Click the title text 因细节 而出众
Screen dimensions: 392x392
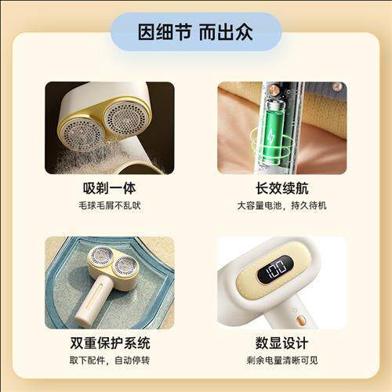pyautogui.click(x=196, y=32)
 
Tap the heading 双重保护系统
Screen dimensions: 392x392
pyautogui.click(x=110, y=343)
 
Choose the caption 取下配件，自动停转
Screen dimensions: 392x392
pyautogui.click(x=110, y=361)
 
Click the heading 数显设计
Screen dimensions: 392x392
pyautogui.click(x=282, y=343)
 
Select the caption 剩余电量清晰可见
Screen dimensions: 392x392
pyautogui.click(x=282, y=361)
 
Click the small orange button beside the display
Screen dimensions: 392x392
pyautogui.click(x=299, y=320)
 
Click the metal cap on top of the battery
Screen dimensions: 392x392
pyautogui.click(x=274, y=102)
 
